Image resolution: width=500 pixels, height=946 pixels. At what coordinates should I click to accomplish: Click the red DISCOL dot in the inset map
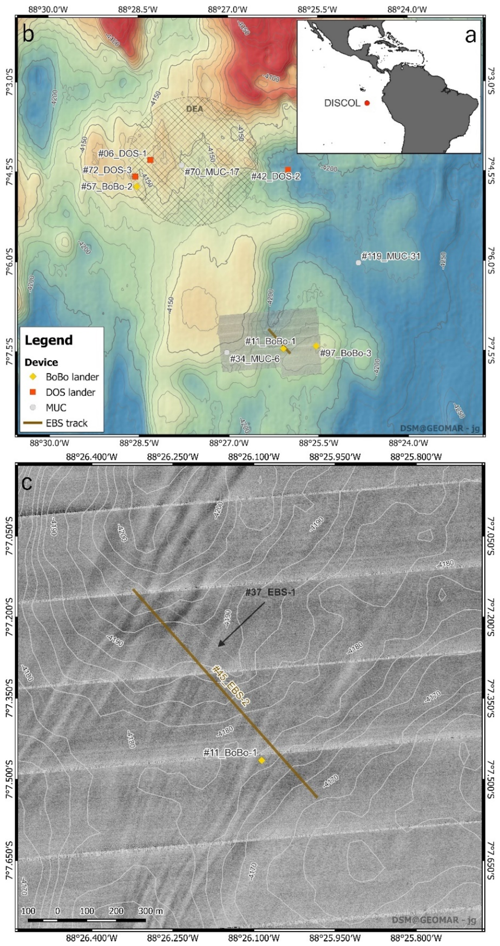[367, 103]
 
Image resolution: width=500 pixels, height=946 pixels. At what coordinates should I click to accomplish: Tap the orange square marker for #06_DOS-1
[150, 160]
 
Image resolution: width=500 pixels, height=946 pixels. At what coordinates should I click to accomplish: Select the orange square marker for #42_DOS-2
[288, 169]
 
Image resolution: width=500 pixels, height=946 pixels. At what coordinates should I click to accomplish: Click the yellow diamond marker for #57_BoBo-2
[137, 187]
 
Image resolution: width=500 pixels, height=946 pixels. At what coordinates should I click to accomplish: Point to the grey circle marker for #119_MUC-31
[358, 263]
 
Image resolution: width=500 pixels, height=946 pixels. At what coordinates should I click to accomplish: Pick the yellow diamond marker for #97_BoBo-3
[316, 346]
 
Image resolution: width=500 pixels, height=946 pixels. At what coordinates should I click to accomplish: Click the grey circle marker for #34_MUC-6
[227, 352]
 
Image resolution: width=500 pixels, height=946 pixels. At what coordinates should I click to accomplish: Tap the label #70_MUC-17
[212, 172]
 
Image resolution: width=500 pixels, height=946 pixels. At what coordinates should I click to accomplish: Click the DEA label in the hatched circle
[194, 109]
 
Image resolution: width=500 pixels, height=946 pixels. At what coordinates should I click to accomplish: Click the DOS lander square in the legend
[33, 392]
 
